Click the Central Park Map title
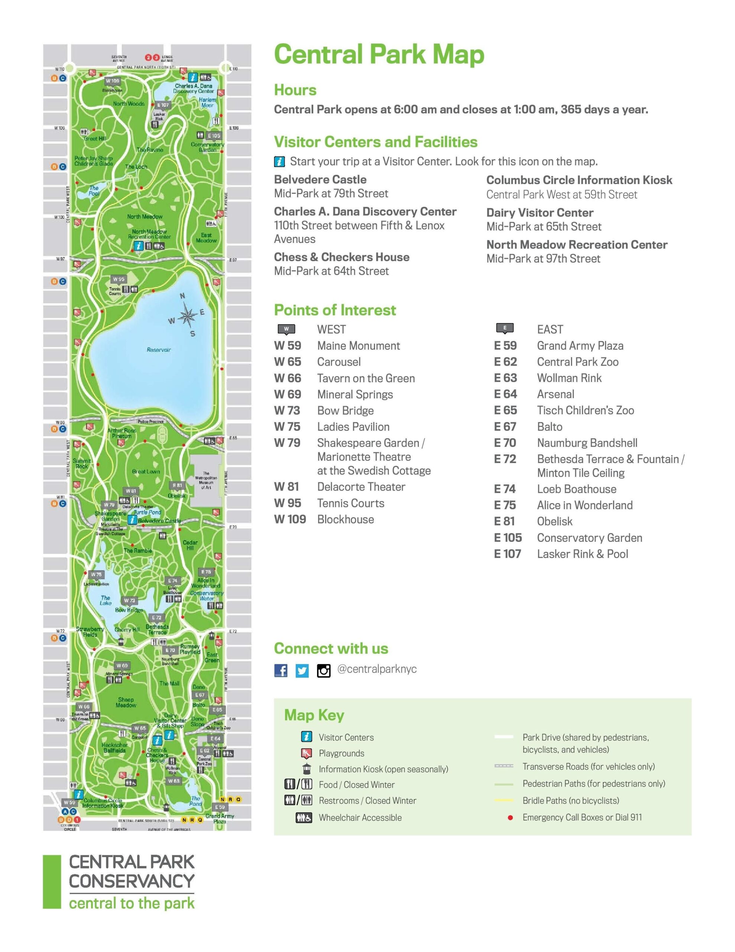pyautogui.click(x=379, y=55)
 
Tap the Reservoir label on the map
pyautogui.click(x=159, y=350)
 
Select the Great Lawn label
pyautogui.click(x=146, y=471)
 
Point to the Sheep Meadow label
pyautogui.click(x=126, y=702)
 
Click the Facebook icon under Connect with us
pyautogui.click(x=281, y=670)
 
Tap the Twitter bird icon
pyautogui.click(x=302, y=670)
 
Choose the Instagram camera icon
pyautogui.click(x=323, y=670)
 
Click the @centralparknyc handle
pyautogui.click(x=377, y=669)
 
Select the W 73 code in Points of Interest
pyautogui.click(x=287, y=411)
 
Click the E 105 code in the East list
pyautogui.click(x=508, y=538)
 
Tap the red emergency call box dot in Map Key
pyautogui.click(x=510, y=818)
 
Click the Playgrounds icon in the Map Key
pyautogui.click(x=306, y=753)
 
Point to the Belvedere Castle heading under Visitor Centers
pyautogui.click(x=320, y=180)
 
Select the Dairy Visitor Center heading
pyautogui.click(x=540, y=213)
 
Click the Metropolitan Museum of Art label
pyautogui.click(x=206, y=480)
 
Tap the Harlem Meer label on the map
pyautogui.click(x=207, y=102)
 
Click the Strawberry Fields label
pyautogui.click(x=90, y=631)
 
